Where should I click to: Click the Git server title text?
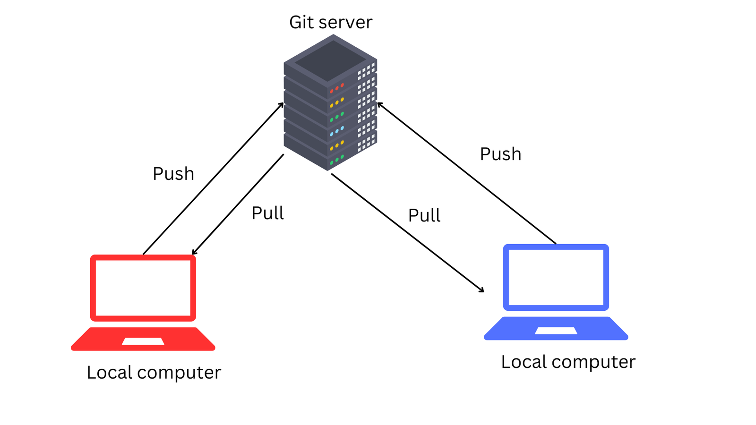click(331, 23)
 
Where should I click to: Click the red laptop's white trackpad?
click(143, 341)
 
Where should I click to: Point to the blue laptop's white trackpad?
click(556, 331)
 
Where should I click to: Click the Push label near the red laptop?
click(173, 174)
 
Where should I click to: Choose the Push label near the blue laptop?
click(500, 154)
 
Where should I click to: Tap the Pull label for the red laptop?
click(267, 213)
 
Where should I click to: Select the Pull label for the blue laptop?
click(424, 215)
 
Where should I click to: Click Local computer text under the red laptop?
click(154, 373)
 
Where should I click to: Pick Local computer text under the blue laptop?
click(568, 362)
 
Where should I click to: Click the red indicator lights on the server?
click(337, 88)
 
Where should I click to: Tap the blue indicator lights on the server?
click(337, 131)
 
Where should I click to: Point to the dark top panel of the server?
click(330, 61)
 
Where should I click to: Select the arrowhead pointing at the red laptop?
click(194, 252)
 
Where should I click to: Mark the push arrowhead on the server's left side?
click(281, 105)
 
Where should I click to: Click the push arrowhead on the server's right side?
click(380, 105)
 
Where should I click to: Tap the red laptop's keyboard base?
click(143, 339)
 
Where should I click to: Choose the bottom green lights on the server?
click(337, 160)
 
